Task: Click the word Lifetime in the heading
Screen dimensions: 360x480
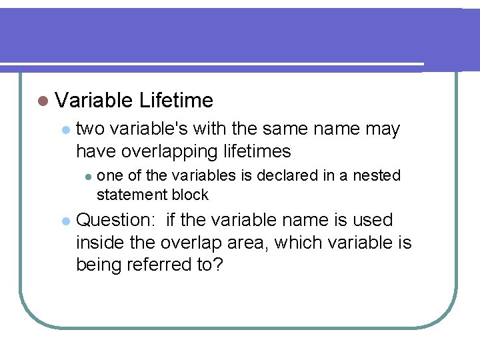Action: click(x=177, y=101)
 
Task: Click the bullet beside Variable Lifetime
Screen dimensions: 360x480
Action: click(x=43, y=101)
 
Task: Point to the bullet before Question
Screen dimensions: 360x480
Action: click(x=65, y=221)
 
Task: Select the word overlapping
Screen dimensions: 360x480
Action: click(x=170, y=151)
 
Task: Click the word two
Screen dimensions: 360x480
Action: click(x=91, y=129)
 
